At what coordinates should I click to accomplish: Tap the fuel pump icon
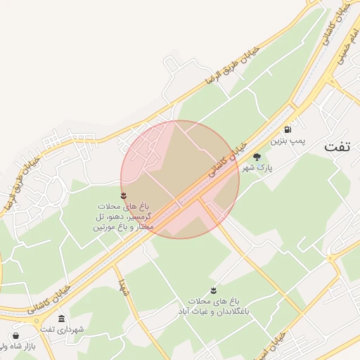coord(288,129)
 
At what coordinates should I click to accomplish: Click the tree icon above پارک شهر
coord(257,157)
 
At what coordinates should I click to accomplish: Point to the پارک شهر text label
coord(257,168)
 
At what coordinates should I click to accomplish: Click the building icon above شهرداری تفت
coord(62,319)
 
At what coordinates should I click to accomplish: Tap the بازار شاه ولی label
coord(17,347)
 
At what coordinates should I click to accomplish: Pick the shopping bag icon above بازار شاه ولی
coord(15,335)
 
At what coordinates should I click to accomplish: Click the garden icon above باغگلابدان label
coord(213,290)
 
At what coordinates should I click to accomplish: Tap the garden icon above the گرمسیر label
coord(124,195)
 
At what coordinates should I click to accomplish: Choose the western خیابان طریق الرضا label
coord(20,184)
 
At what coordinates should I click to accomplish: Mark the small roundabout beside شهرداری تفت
coord(37,320)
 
